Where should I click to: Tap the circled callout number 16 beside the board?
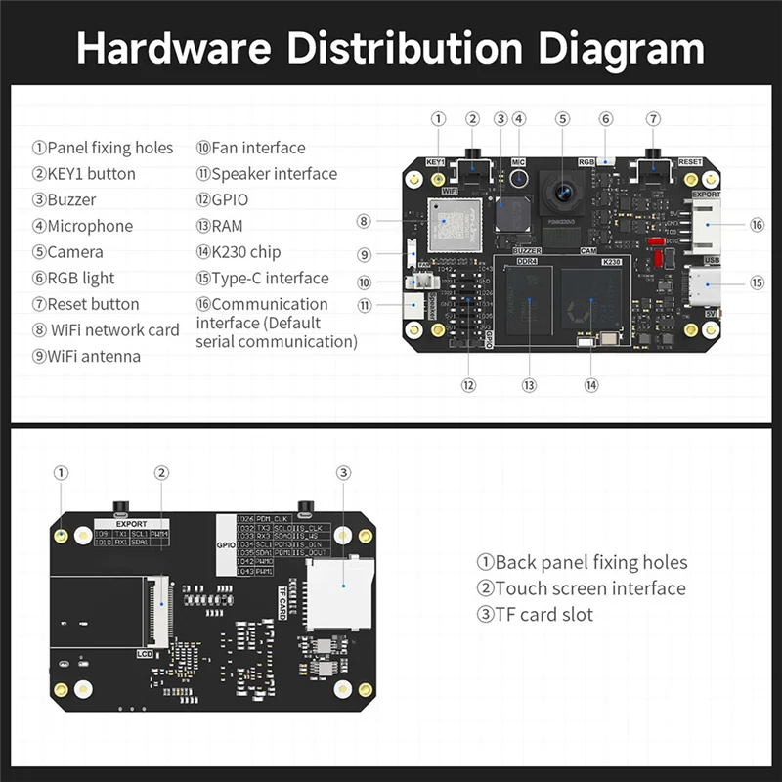[757, 225]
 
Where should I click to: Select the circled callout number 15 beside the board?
[757, 282]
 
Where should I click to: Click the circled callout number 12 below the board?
[469, 385]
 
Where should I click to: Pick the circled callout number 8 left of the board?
[363, 221]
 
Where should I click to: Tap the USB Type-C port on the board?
[705, 287]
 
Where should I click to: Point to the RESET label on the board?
[690, 162]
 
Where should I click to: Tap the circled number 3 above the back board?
[343, 473]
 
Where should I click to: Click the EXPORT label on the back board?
[131, 524]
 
